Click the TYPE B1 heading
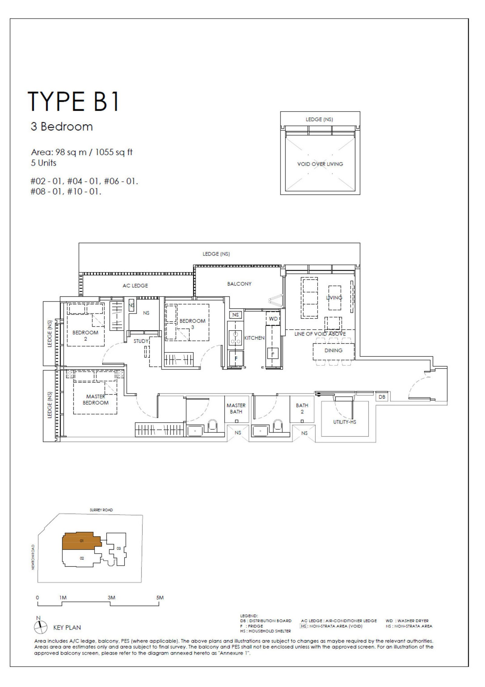click(x=73, y=101)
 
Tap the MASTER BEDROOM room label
click(x=95, y=399)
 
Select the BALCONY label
click(x=239, y=284)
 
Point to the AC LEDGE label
click(x=135, y=285)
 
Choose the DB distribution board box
click(x=382, y=397)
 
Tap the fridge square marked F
click(x=236, y=359)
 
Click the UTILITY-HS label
click(x=345, y=422)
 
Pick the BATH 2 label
click(x=302, y=408)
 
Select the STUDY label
click(x=141, y=341)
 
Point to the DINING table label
click(x=333, y=350)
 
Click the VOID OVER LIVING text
click(x=320, y=164)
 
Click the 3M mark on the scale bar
click(x=111, y=598)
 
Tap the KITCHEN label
click(x=254, y=338)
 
